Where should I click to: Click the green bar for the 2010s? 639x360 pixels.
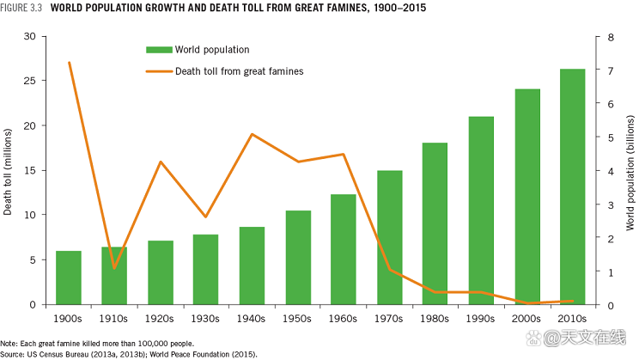(572, 186)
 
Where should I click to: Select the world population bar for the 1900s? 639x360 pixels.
(69, 278)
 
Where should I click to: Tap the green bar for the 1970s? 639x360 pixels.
(390, 237)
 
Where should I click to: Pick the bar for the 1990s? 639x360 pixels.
(481, 211)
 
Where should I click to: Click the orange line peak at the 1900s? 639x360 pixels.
(69, 63)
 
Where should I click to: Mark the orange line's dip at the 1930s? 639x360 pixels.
(206, 217)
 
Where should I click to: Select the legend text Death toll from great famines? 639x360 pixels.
(239, 71)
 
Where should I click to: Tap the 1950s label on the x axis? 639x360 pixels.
(298, 318)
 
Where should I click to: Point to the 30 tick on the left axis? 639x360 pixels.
(30, 37)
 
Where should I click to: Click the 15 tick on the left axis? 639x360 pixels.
(30, 170)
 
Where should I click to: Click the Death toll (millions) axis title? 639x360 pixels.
(8, 171)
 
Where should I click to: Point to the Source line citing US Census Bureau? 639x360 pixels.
(116, 353)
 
